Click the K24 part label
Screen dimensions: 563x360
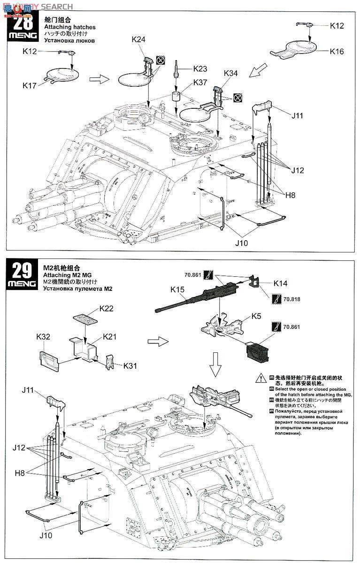(x=138, y=40)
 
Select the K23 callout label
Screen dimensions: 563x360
(x=200, y=68)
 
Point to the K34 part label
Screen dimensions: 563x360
(x=230, y=73)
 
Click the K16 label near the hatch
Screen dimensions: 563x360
(x=337, y=52)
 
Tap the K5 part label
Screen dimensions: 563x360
(x=256, y=316)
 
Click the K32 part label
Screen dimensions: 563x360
(x=44, y=336)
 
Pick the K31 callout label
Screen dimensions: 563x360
(x=130, y=365)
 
